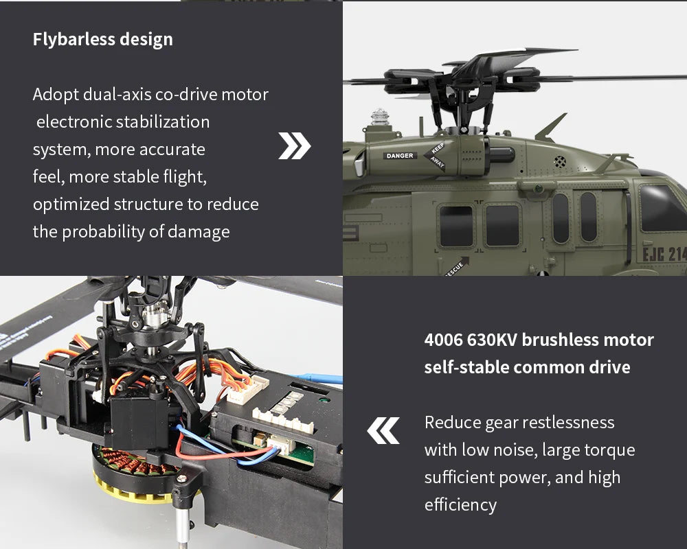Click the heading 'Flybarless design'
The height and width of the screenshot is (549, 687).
click(x=103, y=39)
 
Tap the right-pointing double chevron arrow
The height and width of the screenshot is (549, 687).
click(x=295, y=146)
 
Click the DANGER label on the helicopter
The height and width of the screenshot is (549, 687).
click(x=400, y=156)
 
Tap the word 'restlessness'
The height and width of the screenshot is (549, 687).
click(x=568, y=422)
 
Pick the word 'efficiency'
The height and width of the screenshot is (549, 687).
click(x=460, y=505)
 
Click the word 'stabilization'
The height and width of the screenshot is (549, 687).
click(x=163, y=122)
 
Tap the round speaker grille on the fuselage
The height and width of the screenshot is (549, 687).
click(x=561, y=162)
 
